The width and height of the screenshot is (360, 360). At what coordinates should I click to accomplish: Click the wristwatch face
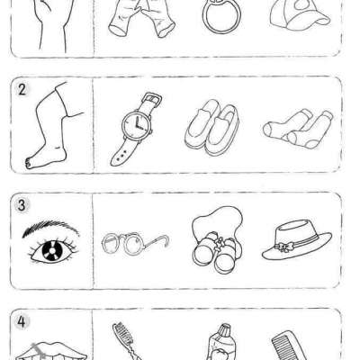point(137,124)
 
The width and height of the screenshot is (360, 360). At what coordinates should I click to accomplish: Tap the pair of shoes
point(212,127)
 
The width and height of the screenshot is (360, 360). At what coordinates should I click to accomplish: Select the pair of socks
point(298,129)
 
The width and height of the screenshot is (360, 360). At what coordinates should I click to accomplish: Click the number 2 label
point(22,90)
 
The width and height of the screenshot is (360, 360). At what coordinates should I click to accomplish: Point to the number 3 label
point(22,206)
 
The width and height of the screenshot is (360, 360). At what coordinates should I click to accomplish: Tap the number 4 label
point(22,322)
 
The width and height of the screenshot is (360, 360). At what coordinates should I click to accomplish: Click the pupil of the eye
point(51,250)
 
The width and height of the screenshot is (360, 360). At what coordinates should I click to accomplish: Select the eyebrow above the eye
point(50,227)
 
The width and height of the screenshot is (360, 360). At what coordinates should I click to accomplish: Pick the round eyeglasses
point(135,242)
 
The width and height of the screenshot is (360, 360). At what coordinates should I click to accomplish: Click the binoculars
point(217,252)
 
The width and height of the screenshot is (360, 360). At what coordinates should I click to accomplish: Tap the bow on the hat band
point(282,247)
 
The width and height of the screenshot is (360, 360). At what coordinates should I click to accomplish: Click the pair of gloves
point(141,19)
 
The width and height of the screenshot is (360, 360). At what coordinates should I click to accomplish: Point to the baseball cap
point(300,15)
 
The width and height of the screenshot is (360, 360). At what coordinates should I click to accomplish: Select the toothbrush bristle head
point(122,334)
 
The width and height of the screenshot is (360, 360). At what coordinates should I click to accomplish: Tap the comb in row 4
point(289,345)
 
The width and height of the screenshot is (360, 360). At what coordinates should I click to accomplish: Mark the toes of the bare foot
point(30,164)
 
